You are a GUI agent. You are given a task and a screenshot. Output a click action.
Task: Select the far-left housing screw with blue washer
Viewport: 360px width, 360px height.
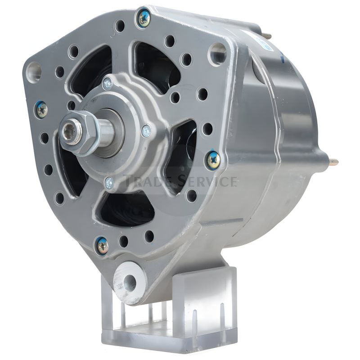[42, 111]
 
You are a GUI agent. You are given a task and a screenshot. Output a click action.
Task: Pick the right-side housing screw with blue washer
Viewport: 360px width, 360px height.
[214, 159]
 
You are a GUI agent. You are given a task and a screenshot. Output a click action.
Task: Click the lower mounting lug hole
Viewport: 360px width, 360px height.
[129, 281]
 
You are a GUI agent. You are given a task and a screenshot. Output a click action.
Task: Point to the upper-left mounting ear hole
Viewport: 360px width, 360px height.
[34, 71]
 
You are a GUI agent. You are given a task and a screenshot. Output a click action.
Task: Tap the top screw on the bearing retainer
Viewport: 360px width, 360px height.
[108, 84]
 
